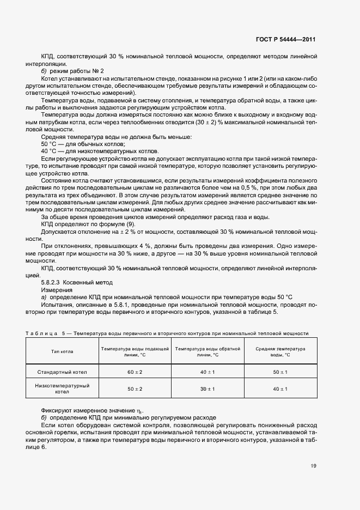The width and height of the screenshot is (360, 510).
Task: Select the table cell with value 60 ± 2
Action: point(135,372)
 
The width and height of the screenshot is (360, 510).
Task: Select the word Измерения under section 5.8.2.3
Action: point(56,289)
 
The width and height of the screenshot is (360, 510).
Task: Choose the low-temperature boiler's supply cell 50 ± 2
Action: point(135,389)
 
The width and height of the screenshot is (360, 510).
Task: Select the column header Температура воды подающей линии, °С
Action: point(135,351)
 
